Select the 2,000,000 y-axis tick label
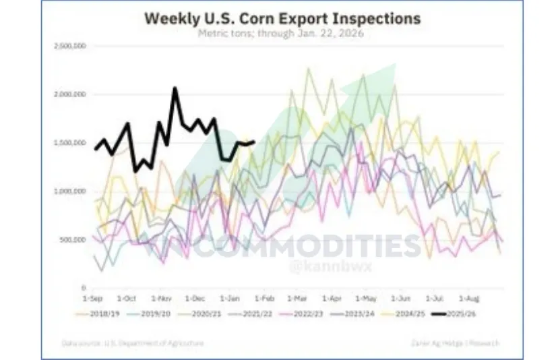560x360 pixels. click(67, 94)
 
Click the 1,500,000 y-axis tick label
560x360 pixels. click(67, 143)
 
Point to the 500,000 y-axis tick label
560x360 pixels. click(70, 239)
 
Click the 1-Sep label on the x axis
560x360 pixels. click(92, 297)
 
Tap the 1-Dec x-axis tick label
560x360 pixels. click(195, 297)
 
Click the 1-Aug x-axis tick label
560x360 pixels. click(468, 297)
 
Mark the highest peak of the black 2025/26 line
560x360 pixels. click(175, 88)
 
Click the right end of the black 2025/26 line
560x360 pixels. click(254, 142)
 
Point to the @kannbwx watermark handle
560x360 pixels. click(317, 268)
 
